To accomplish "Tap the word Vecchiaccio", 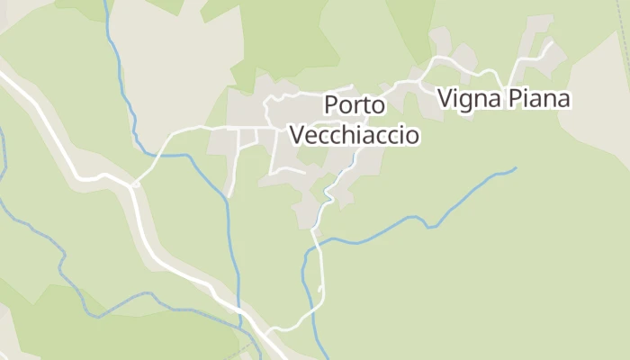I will [x=355, y=135].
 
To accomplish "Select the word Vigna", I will [x=467, y=97].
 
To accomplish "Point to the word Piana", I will [x=536, y=97].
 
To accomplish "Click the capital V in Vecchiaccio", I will [x=297, y=135].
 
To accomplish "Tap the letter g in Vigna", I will [x=464, y=100].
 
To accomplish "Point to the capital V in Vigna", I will [x=445, y=97].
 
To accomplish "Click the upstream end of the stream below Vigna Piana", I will [x=516, y=167].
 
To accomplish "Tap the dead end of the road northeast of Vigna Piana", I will [x=550, y=40].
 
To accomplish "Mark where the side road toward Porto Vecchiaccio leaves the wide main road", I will [x=133, y=185].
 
